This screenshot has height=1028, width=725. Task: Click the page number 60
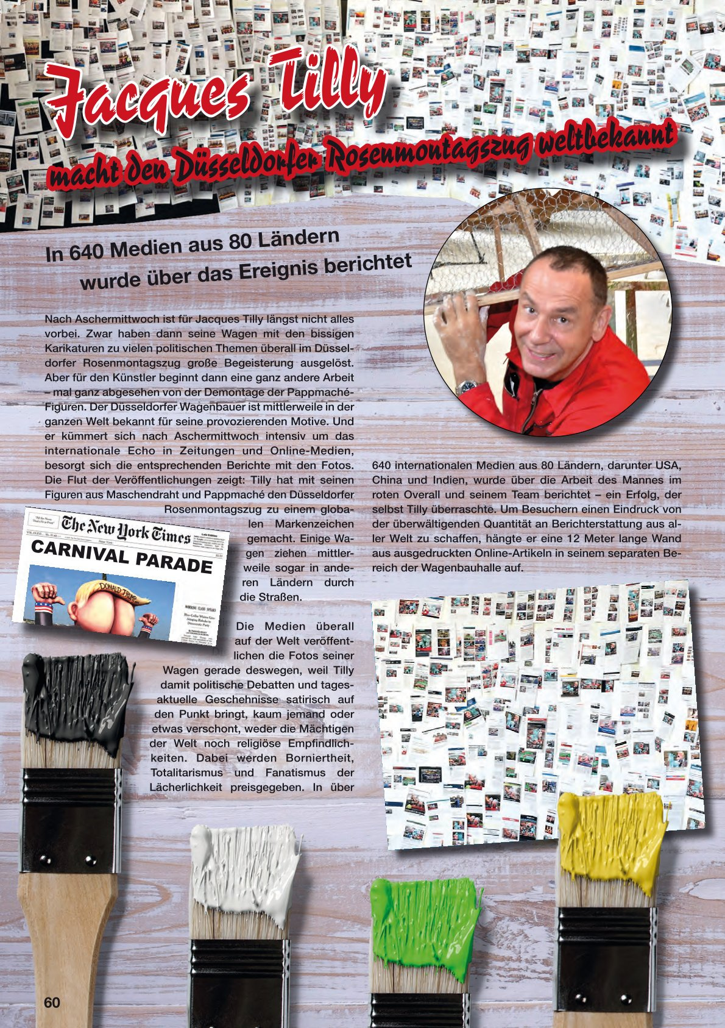[x=52, y=1002]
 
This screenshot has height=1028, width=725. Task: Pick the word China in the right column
[x=387, y=480]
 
